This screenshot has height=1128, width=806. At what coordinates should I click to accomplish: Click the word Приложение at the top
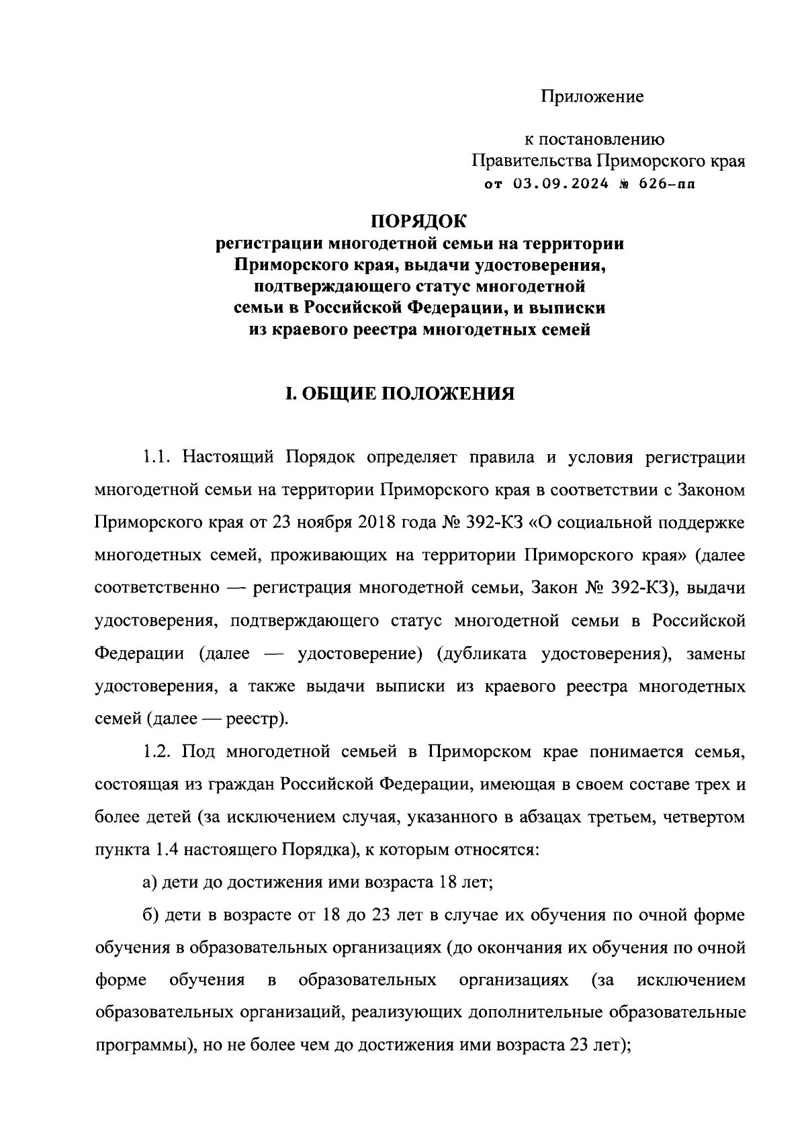592,97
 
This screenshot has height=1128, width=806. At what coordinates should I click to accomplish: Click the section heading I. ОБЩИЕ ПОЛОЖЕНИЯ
400,393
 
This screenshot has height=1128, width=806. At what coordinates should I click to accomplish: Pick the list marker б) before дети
150,914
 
